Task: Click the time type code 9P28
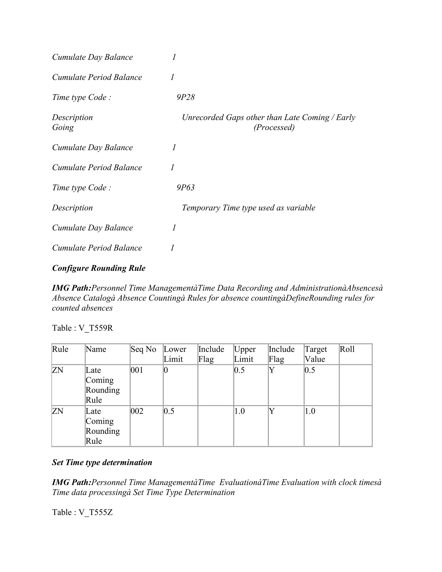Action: click(185, 97)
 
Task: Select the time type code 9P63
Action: click(185, 188)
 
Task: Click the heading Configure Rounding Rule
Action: click(99, 268)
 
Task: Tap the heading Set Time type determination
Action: click(102, 462)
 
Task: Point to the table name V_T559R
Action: click(96, 328)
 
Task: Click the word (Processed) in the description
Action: click(274, 127)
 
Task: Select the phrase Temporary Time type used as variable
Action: click(248, 208)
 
